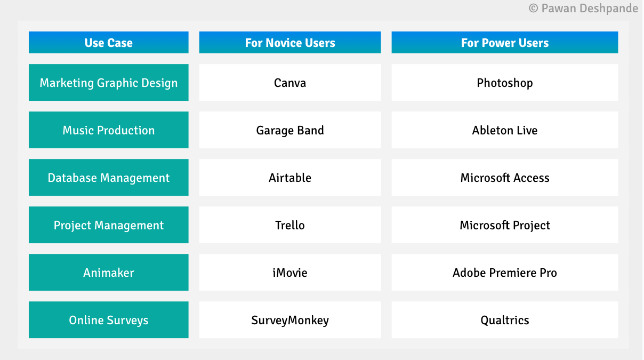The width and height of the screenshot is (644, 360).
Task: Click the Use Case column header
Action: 109,43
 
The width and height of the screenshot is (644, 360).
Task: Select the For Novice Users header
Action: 290,43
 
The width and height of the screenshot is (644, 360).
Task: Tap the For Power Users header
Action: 504,43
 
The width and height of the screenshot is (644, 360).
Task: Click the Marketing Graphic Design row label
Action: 109,83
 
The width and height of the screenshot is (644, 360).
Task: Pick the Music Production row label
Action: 109,130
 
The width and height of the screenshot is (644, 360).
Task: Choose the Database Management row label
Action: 109,178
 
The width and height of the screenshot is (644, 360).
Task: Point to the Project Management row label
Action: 109,225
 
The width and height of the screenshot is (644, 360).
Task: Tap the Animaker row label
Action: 109,273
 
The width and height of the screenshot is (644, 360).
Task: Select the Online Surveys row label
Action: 109,320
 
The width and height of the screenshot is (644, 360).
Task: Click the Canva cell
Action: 290,83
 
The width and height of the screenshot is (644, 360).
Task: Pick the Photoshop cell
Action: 504,83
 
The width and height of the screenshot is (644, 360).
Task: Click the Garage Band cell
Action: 290,130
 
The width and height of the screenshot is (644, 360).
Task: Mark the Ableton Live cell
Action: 504,130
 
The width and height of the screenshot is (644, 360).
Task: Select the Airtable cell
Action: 290,178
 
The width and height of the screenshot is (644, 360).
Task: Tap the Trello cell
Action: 290,225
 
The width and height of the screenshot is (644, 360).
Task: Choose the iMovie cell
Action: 290,273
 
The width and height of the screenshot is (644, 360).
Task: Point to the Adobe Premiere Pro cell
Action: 504,273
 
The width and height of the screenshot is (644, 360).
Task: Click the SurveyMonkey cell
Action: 290,320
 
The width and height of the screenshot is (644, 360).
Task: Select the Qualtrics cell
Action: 504,320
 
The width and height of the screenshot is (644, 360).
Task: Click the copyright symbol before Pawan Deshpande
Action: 533,9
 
